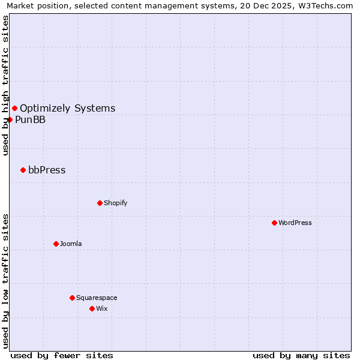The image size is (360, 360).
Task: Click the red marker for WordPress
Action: click(x=274, y=223)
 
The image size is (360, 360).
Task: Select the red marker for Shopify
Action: click(x=100, y=203)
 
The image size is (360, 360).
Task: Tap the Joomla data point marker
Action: click(x=56, y=244)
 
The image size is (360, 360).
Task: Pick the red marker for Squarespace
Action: click(x=72, y=298)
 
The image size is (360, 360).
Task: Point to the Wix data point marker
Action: click(x=92, y=308)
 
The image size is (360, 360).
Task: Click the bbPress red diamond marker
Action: click(x=23, y=170)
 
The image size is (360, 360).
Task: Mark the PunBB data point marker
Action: click(x=10, y=119)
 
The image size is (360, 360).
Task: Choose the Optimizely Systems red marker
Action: click(x=14, y=108)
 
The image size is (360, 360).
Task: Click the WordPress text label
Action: click(x=295, y=223)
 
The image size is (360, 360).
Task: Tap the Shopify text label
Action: click(x=116, y=203)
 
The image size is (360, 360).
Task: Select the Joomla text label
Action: click(x=71, y=244)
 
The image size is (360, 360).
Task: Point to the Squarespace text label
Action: click(x=97, y=298)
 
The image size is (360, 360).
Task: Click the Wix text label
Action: click(x=101, y=308)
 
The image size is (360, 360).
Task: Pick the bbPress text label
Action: click(x=47, y=170)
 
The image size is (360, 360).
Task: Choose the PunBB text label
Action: click(x=30, y=119)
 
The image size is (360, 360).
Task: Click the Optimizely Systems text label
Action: click(x=67, y=108)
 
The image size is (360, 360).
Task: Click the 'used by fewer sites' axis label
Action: click(x=62, y=355)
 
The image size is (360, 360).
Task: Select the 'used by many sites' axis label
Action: click(x=301, y=355)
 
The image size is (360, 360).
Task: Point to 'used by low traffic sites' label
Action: click(x=5, y=280)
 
